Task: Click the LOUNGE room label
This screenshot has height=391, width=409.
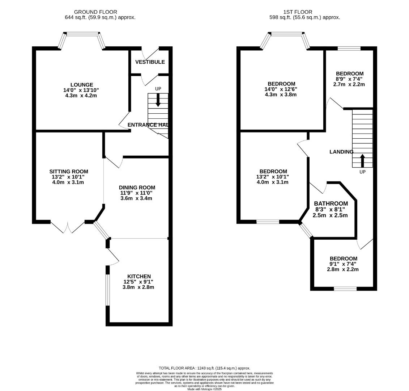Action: pos(82,85)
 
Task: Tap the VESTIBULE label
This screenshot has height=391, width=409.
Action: pos(150,62)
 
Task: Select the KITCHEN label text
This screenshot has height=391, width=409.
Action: pos(139,276)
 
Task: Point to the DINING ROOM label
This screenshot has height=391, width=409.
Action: pos(137,188)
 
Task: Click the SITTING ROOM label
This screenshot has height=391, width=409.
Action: pos(69,172)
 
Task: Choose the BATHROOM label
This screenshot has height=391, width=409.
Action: pos(331,204)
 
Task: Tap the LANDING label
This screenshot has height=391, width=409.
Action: pos(341,152)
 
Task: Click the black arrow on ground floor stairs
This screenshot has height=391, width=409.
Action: pos(158,100)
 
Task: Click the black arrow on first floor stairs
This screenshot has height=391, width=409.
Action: pos(362,160)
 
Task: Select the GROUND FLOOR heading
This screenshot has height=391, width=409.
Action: pos(95,12)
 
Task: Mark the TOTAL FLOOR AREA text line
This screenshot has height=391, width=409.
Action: pos(204,368)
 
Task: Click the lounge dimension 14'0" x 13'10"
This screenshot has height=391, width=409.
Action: pos(82,90)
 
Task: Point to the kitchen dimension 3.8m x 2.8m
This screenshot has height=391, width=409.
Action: pos(139,287)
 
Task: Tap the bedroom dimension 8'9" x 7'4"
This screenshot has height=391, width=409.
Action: pos(349,79)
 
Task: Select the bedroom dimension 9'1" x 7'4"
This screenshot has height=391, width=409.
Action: pos(343,264)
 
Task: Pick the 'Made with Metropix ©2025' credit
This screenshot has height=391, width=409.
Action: pos(204,389)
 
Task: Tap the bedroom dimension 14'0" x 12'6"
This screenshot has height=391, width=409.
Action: pos(281,89)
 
